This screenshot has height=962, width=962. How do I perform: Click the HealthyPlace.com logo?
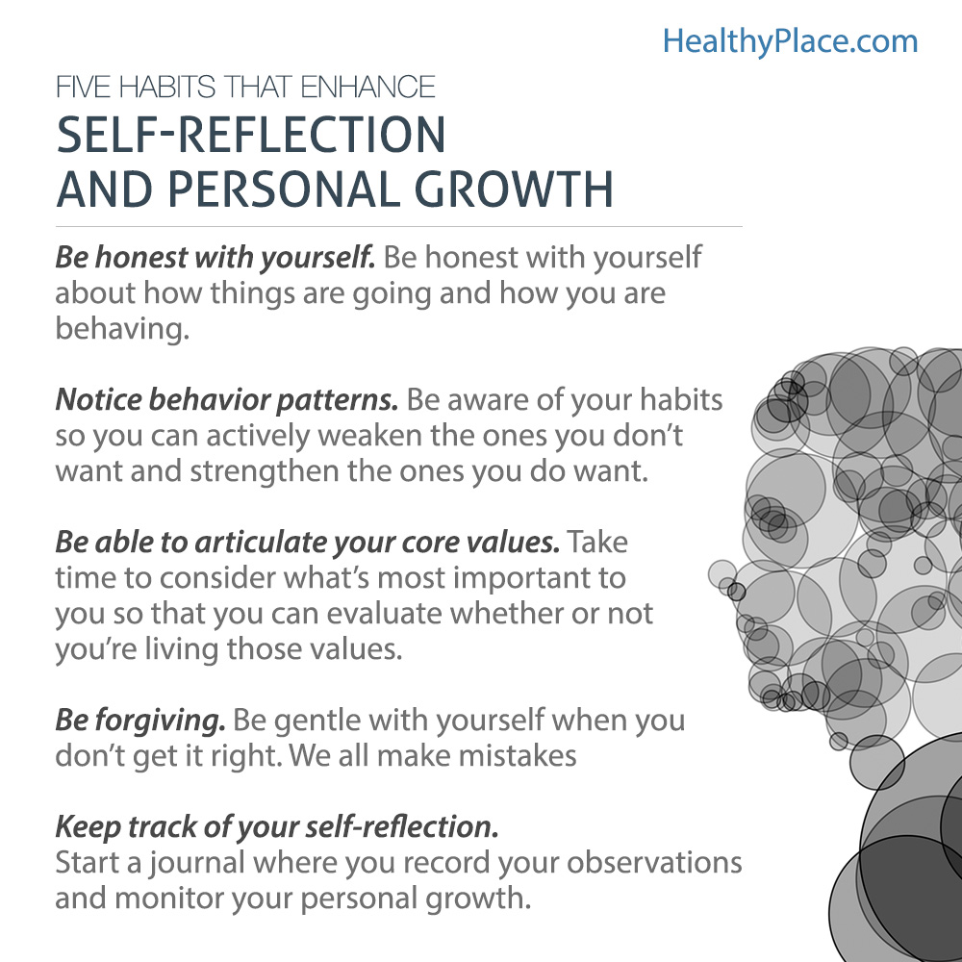(790, 40)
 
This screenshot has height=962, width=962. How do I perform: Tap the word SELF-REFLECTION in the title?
(250, 136)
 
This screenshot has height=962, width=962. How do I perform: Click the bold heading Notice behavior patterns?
(226, 398)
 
